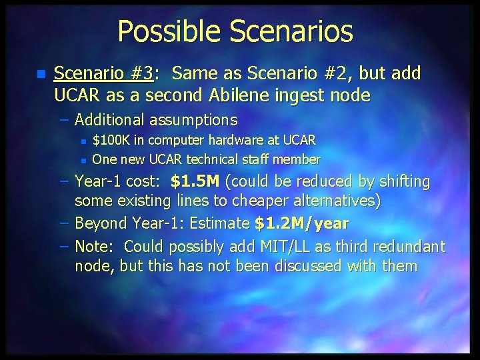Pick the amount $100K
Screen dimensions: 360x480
[113, 141]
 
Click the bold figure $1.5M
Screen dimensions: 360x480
[195, 181]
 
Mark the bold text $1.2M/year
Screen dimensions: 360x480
[301, 223]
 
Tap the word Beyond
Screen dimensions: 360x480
[100, 223]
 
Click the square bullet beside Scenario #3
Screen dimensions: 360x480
[41, 74]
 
